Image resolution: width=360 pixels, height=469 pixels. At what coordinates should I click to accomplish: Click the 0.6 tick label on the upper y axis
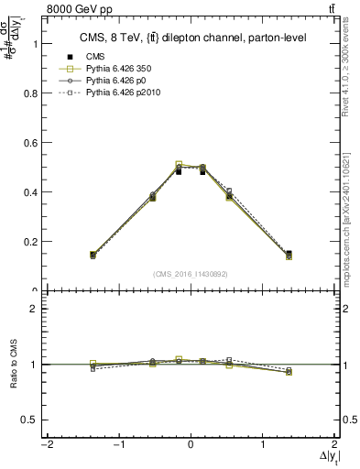26,143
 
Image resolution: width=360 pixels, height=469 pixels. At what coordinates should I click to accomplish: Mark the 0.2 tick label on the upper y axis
26,242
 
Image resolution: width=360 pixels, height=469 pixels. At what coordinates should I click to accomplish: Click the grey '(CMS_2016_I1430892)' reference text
191,273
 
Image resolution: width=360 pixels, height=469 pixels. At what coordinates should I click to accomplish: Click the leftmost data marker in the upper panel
93,256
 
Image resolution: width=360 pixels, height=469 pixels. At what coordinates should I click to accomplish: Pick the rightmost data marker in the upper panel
289,256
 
